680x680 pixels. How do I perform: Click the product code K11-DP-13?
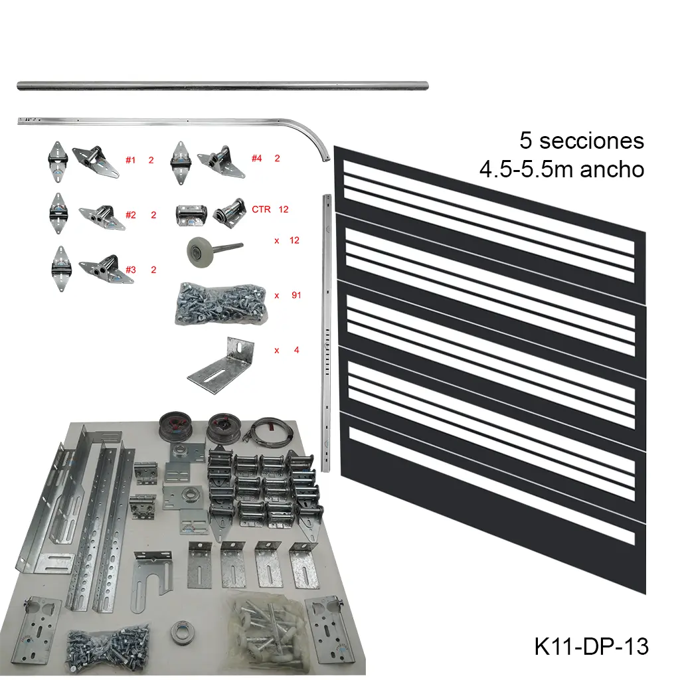pyautogui.click(x=591, y=645)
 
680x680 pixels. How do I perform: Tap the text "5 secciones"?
pyautogui.click(x=582, y=141)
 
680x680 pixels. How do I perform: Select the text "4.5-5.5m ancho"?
pyautogui.click(x=562, y=169)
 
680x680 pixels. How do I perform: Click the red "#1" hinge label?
pyautogui.click(x=130, y=160)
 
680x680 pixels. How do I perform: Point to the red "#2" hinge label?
pyautogui.click(x=130, y=214)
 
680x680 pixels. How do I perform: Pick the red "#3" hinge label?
pyautogui.click(x=130, y=270)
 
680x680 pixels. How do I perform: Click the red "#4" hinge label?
pyautogui.click(x=256, y=158)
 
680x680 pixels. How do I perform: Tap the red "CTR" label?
pyautogui.click(x=261, y=209)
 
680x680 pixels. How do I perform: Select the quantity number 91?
pyautogui.click(x=296, y=294)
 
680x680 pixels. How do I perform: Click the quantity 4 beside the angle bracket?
pyautogui.click(x=296, y=349)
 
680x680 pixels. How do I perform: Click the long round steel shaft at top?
pyautogui.click(x=222, y=86)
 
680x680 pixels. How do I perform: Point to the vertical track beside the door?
pyautogui.click(x=325, y=332)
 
